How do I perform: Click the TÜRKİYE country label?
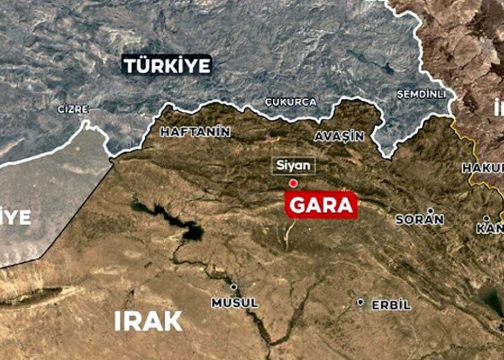coord(167,66)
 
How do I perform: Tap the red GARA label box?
coord(321,205)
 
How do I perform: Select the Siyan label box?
coord(293,165)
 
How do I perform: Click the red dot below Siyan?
coord(293,183)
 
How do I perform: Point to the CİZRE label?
coord(73,109)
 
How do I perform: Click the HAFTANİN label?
coord(195,132)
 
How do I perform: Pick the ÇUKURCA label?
coord(291,101)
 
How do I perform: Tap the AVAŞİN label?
coord(339,136)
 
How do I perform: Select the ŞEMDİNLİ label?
coord(422,93)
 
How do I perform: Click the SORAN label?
coord(419,219)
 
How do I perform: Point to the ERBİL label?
coord(390,304)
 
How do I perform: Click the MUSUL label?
coord(235,303)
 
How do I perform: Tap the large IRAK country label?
coord(148,320)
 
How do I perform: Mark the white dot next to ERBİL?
coord(361,303)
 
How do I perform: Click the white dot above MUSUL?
coord(233,287)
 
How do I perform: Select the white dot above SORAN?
coord(430,210)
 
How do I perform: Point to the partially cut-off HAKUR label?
coord(482,167)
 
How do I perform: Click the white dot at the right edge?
coord(487,218)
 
